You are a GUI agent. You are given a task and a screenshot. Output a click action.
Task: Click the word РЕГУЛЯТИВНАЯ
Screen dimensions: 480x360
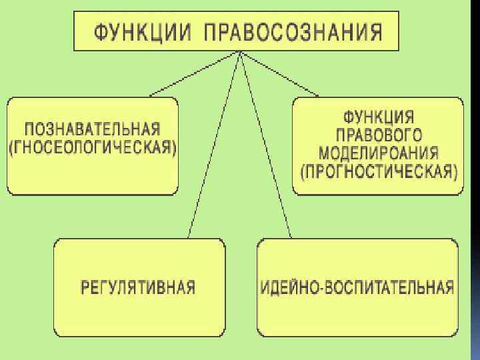pyautogui.click(x=138, y=288)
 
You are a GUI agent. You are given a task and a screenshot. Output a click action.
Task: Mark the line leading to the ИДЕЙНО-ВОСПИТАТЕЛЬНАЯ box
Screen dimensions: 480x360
pyautogui.click(x=267, y=147)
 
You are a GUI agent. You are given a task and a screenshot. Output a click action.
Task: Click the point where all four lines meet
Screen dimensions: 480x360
pyautogui.click(x=238, y=53)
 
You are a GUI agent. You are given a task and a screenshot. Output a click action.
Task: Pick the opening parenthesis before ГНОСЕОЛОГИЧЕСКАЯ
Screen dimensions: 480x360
pyautogui.click(x=12, y=147)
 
